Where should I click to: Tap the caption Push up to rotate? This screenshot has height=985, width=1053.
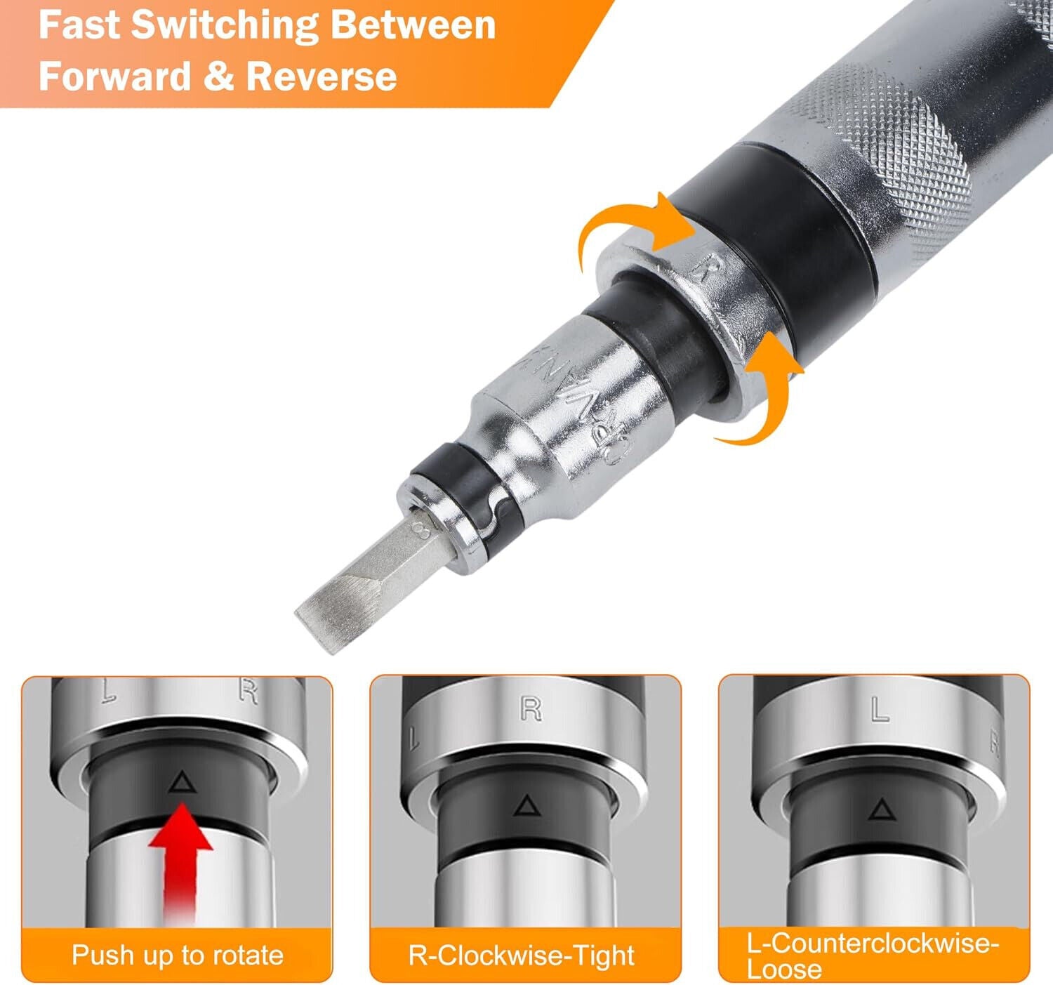(x=177, y=955)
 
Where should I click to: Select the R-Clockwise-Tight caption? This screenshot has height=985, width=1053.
(x=521, y=955)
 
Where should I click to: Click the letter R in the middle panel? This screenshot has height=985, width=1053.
(x=531, y=709)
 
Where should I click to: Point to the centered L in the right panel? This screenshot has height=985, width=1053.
(x=880, y=710)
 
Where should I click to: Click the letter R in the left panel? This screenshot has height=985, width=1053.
(x=248, y=692)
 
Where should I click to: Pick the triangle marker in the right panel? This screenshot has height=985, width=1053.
(x=879, y=811)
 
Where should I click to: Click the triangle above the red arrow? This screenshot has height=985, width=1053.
(x=181, y=781)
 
